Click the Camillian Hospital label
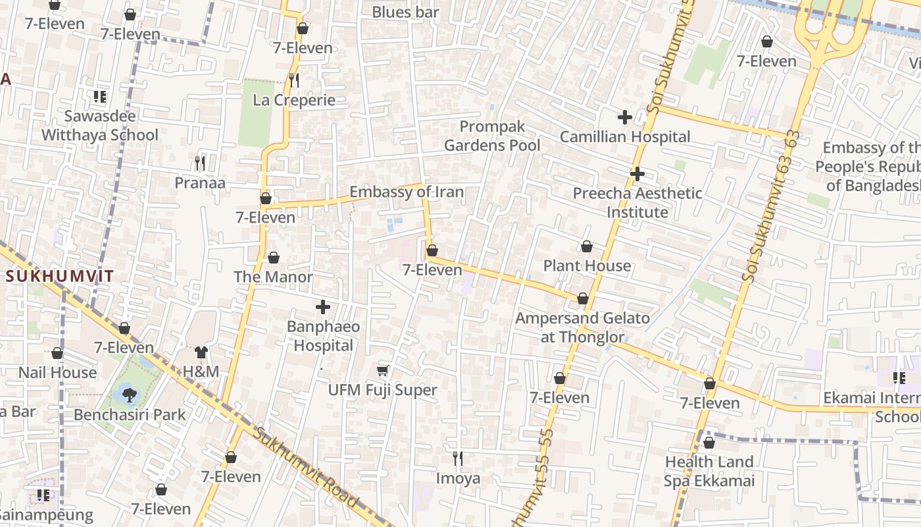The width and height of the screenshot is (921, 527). (x=624, y=137)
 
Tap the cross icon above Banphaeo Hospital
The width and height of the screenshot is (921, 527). (x=323, y=307)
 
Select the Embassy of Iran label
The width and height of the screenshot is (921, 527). (x=406, y=192)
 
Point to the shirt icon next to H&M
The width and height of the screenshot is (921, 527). (x=201, y=352)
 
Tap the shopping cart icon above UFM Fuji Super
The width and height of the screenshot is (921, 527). (x=383, y=371)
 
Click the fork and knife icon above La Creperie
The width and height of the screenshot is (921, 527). (x=294, y=80)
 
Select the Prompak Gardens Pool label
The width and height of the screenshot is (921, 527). (x=491, y=136)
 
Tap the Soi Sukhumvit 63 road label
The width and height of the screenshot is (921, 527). (x=774, y=208)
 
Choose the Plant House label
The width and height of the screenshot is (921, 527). (x=587, y=266)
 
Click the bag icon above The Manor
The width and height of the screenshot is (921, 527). (x=274, y=258)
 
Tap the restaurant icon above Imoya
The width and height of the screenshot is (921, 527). (x=458, y=458)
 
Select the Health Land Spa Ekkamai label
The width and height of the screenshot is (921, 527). (x=709, y=471)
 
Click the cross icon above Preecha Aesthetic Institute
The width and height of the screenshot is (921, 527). (x=637, y=174)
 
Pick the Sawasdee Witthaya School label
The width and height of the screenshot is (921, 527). (x=100, y=125)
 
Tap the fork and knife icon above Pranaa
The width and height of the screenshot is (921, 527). (x=200, y=163)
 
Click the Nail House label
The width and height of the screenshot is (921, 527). (x=57, y=372)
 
